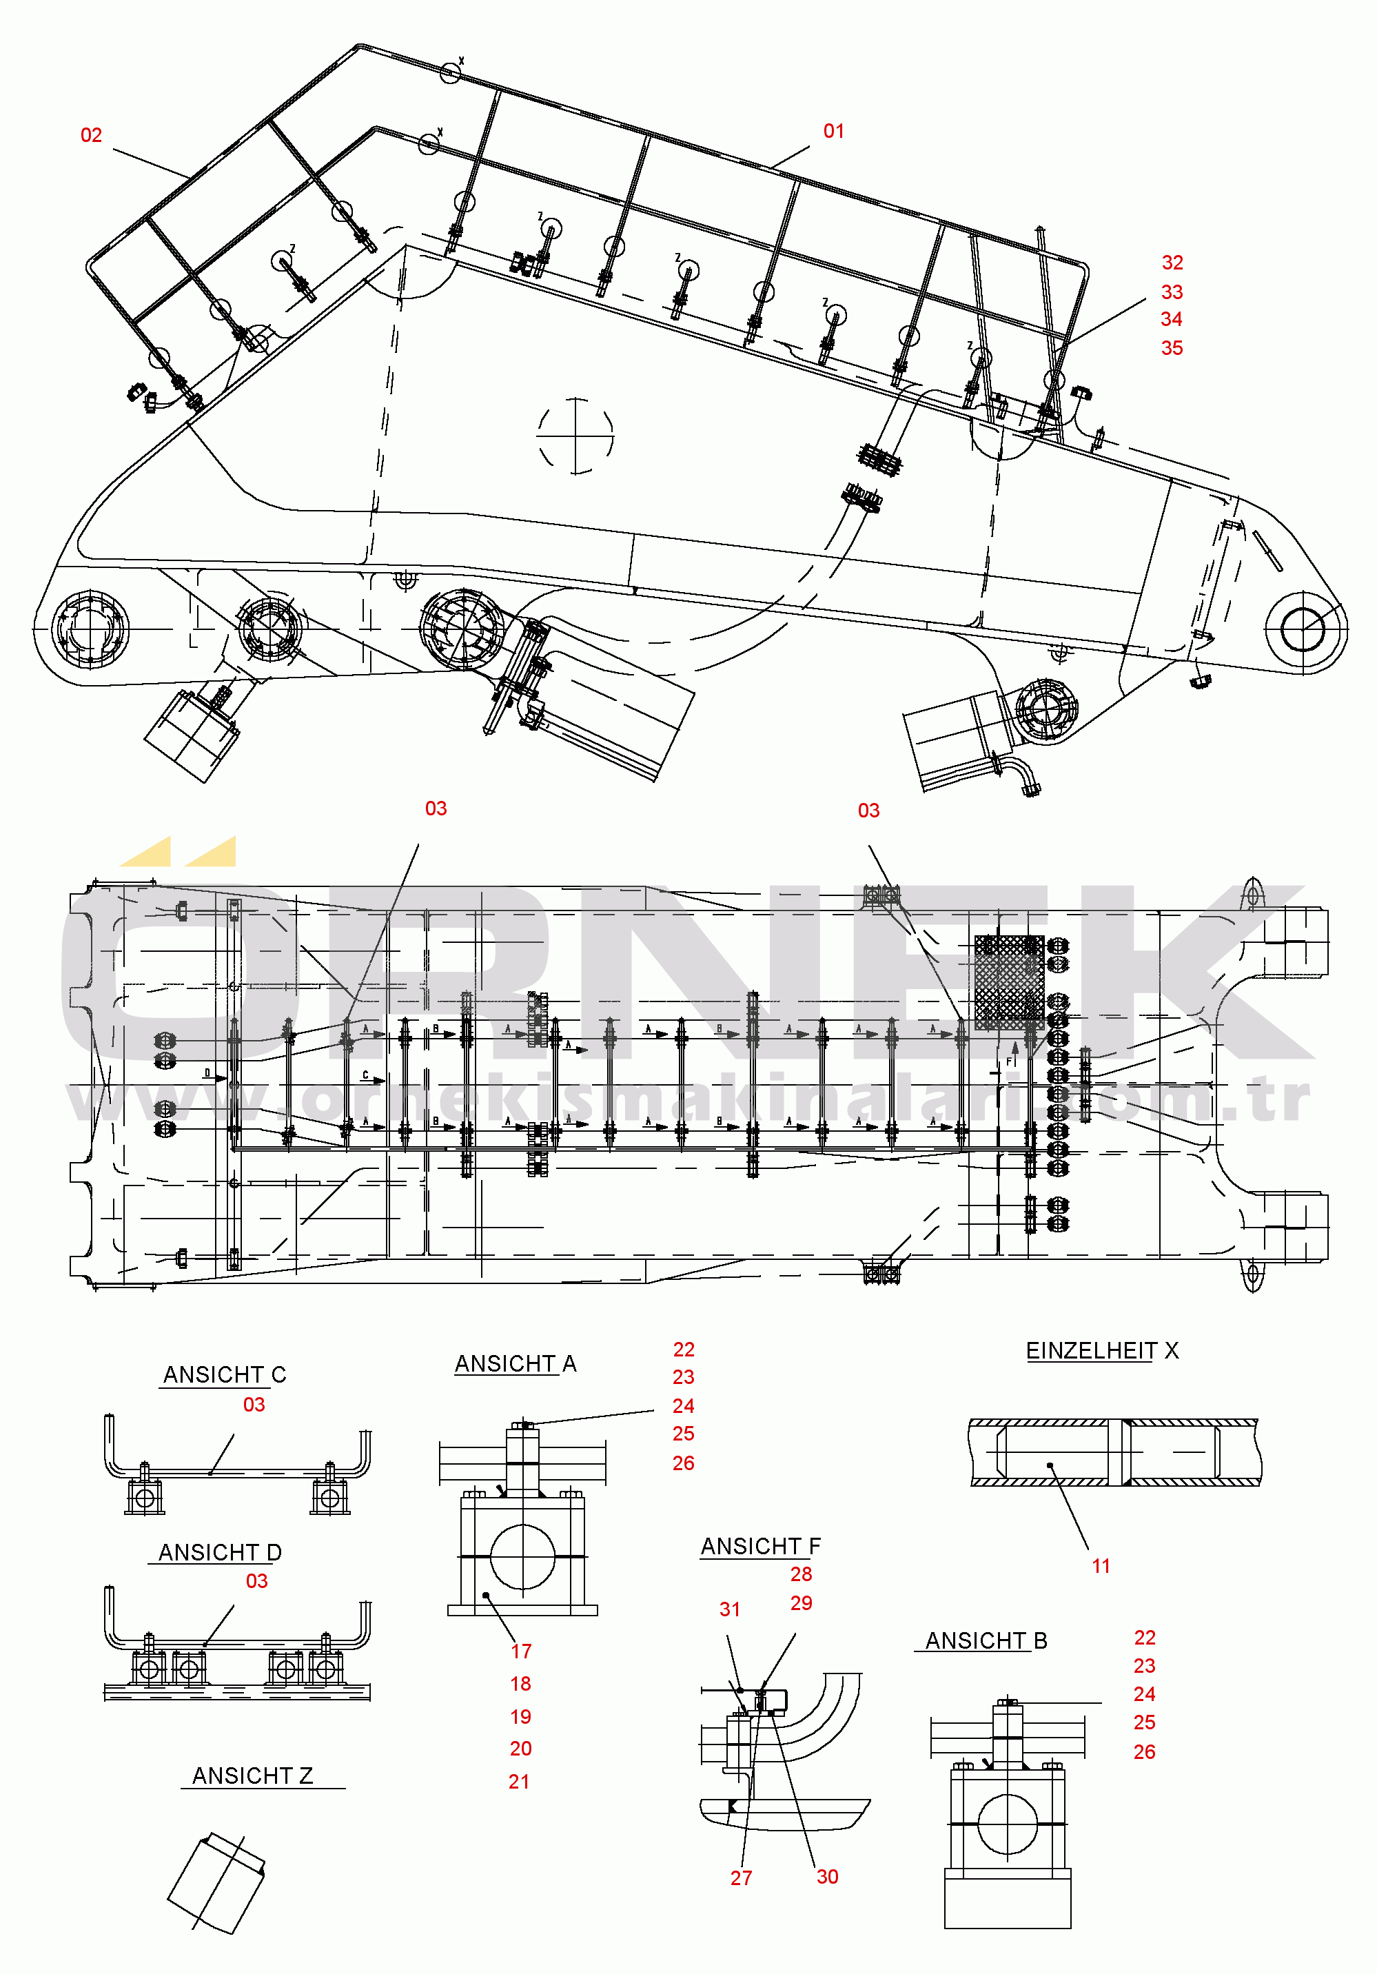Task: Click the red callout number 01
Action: [833, 132]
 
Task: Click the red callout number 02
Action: [91, 136]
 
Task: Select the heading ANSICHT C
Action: [225, 1375]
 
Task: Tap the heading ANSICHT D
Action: [220, 1552]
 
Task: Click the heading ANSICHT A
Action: [515, 1363]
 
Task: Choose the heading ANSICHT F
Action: [760, 1546]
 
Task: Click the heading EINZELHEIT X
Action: [1102, 1351]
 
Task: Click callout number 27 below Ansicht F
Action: [741, 1878]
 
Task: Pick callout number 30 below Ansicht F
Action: [827, 1877]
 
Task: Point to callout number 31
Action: [730, 1609]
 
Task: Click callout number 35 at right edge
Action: [1172, 348]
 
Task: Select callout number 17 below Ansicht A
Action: [521, 1651]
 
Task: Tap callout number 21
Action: [519, 1782]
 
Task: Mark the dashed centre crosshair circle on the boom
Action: [575, 435]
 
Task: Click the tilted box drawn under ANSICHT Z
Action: [216, 1883]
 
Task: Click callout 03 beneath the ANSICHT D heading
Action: [256, 1581]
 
